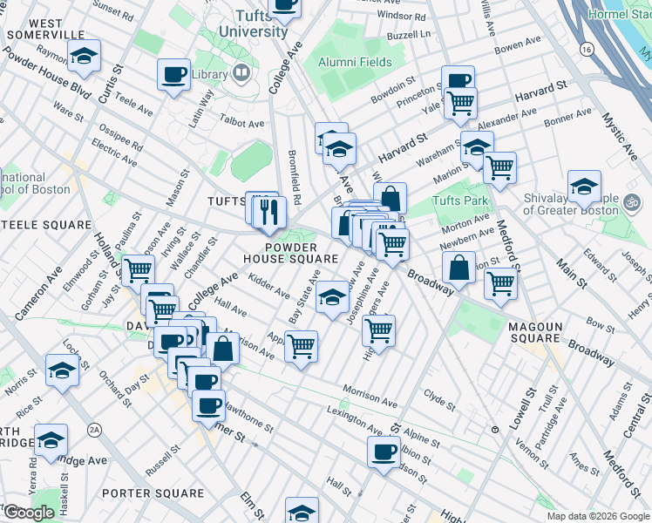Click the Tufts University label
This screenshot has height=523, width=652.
coord(261,24)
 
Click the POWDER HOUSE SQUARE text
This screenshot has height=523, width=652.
coord(290,253)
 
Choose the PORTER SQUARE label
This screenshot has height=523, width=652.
coord(153,493)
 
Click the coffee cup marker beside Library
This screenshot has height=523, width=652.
coord(173,73)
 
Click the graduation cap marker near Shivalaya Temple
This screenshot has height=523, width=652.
coord(584,186)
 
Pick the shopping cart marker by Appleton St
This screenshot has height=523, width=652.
coord(301,346)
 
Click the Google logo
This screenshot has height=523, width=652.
coord(28,513)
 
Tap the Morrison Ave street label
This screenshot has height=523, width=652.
coord(370,395)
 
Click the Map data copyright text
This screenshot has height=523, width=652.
coord(597,516)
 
